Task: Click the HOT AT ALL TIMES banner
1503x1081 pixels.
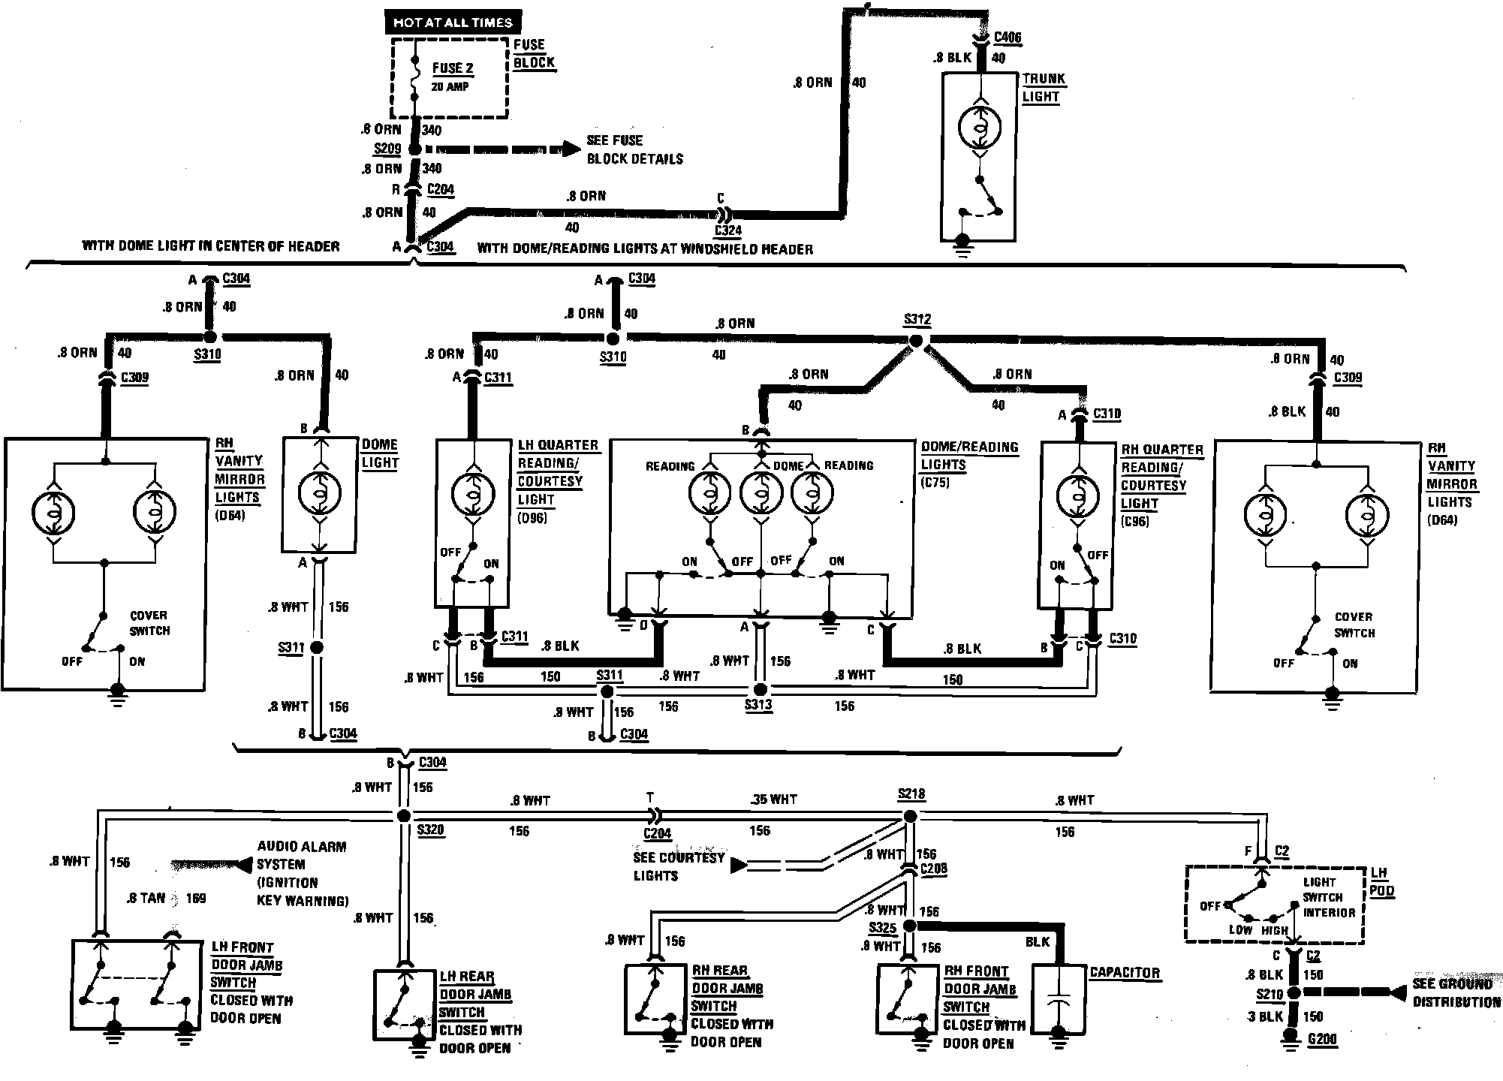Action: pos(453,23)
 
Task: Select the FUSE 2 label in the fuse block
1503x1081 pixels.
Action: pos(453,68)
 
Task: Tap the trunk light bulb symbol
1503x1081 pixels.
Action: pos(980,128)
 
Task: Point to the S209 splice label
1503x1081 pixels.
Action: pos(387,149)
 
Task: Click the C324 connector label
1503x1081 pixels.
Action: pos(727,231)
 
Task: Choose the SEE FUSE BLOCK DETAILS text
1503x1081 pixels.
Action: pos(634,149)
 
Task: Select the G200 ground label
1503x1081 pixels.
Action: pos(1322,1040)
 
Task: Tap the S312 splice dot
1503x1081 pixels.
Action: pos(915,341)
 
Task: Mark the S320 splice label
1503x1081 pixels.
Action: pos(430,830)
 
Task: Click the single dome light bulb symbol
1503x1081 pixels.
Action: pos(319,492)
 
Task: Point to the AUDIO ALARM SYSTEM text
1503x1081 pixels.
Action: pos(302,873)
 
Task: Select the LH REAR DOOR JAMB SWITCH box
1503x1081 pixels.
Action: pos(405,1004)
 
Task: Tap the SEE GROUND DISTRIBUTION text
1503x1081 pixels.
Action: pos(1456,992)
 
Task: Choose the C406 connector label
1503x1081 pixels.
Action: pos(1007,38)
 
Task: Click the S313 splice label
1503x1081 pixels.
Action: pos(758,706)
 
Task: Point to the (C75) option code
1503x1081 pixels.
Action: pos(935,483)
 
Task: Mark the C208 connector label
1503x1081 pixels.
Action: pos(933,869)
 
